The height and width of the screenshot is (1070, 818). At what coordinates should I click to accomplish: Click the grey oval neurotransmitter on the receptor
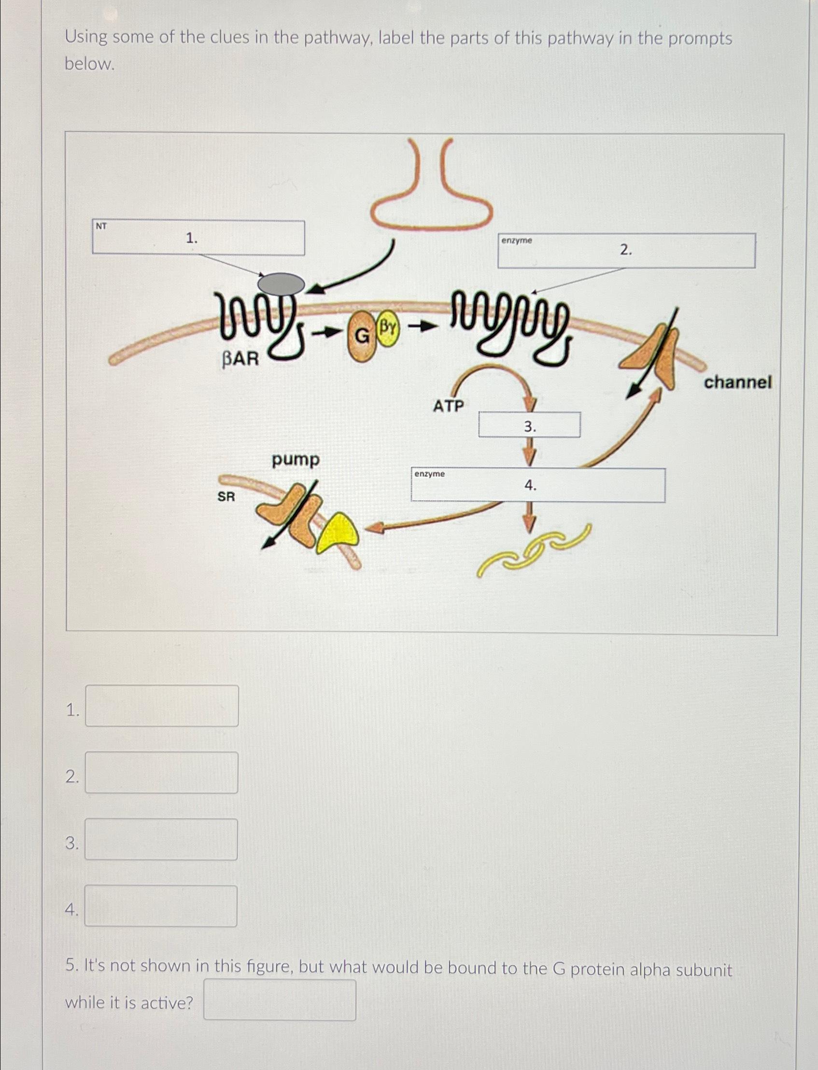[x=281, y=283]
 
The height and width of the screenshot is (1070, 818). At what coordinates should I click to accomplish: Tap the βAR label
[x=240, y=359]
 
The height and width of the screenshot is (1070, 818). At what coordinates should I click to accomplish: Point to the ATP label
[x=449, y=405]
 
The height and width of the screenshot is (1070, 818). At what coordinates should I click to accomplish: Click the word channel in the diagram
[x=738, y=382]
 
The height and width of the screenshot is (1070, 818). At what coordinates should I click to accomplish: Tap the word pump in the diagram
[x=296, y=460]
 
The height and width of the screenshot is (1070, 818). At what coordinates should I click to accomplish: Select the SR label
[x=226, y=496]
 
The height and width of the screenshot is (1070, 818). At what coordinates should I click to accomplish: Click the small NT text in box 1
[x=101, y=226]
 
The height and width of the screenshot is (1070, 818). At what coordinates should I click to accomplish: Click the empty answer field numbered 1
[x=162, y=706]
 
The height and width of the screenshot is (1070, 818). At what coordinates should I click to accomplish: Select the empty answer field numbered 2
[x=162, y=773]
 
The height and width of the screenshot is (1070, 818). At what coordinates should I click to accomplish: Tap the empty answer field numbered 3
[x=161, y=839]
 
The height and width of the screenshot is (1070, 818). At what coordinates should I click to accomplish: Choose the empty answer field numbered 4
[x=161, y=905]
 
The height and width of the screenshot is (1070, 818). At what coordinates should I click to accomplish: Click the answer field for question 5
[x=280, y=1000]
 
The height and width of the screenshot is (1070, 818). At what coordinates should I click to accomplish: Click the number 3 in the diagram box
[x=529, y=427]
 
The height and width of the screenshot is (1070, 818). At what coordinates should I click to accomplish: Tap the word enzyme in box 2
[x=517, y=240]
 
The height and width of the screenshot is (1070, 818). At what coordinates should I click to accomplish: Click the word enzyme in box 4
[x=429, y=474]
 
